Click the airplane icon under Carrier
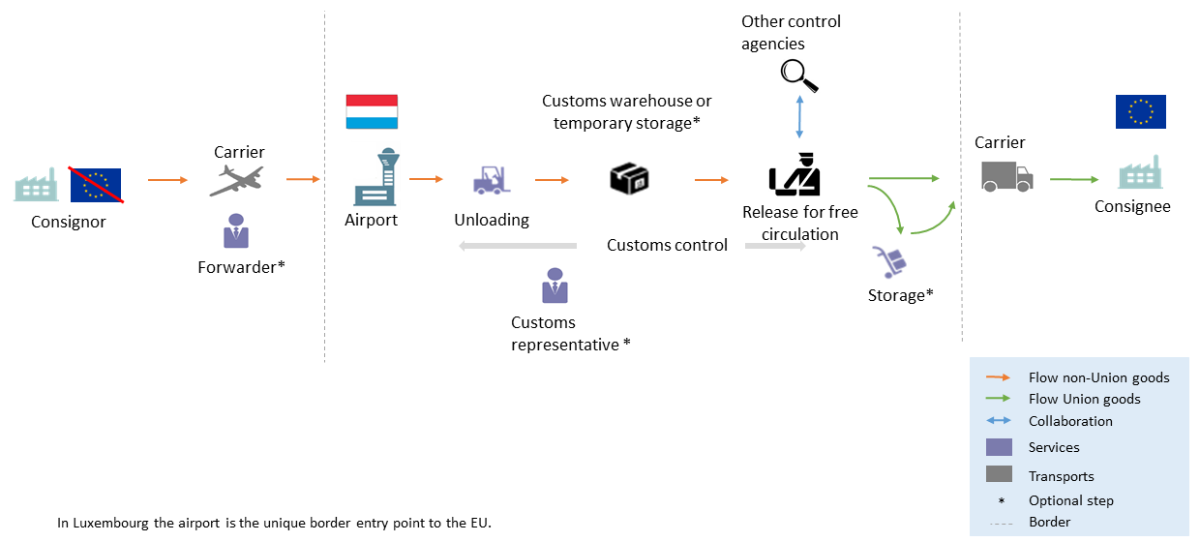(236, 181)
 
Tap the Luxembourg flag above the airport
(372, 112)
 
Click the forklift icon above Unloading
(492, 180)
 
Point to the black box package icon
(629, 178)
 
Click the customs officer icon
(795, 175)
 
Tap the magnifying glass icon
(799, 75)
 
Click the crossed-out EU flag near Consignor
(95, 184)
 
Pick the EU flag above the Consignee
(1140, 111)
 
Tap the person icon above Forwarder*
(235, 233)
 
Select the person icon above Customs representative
(555, 286)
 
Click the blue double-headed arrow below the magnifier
(799, 116)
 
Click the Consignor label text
(68, 222)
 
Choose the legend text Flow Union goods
(1084, 399)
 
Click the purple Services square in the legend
(999, 447)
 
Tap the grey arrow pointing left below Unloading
(517, 246)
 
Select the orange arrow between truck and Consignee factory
(1074, 179)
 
